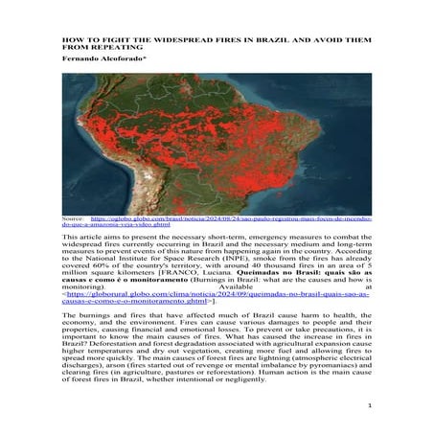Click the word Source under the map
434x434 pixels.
pyautogui.click(x=71, y=218)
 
